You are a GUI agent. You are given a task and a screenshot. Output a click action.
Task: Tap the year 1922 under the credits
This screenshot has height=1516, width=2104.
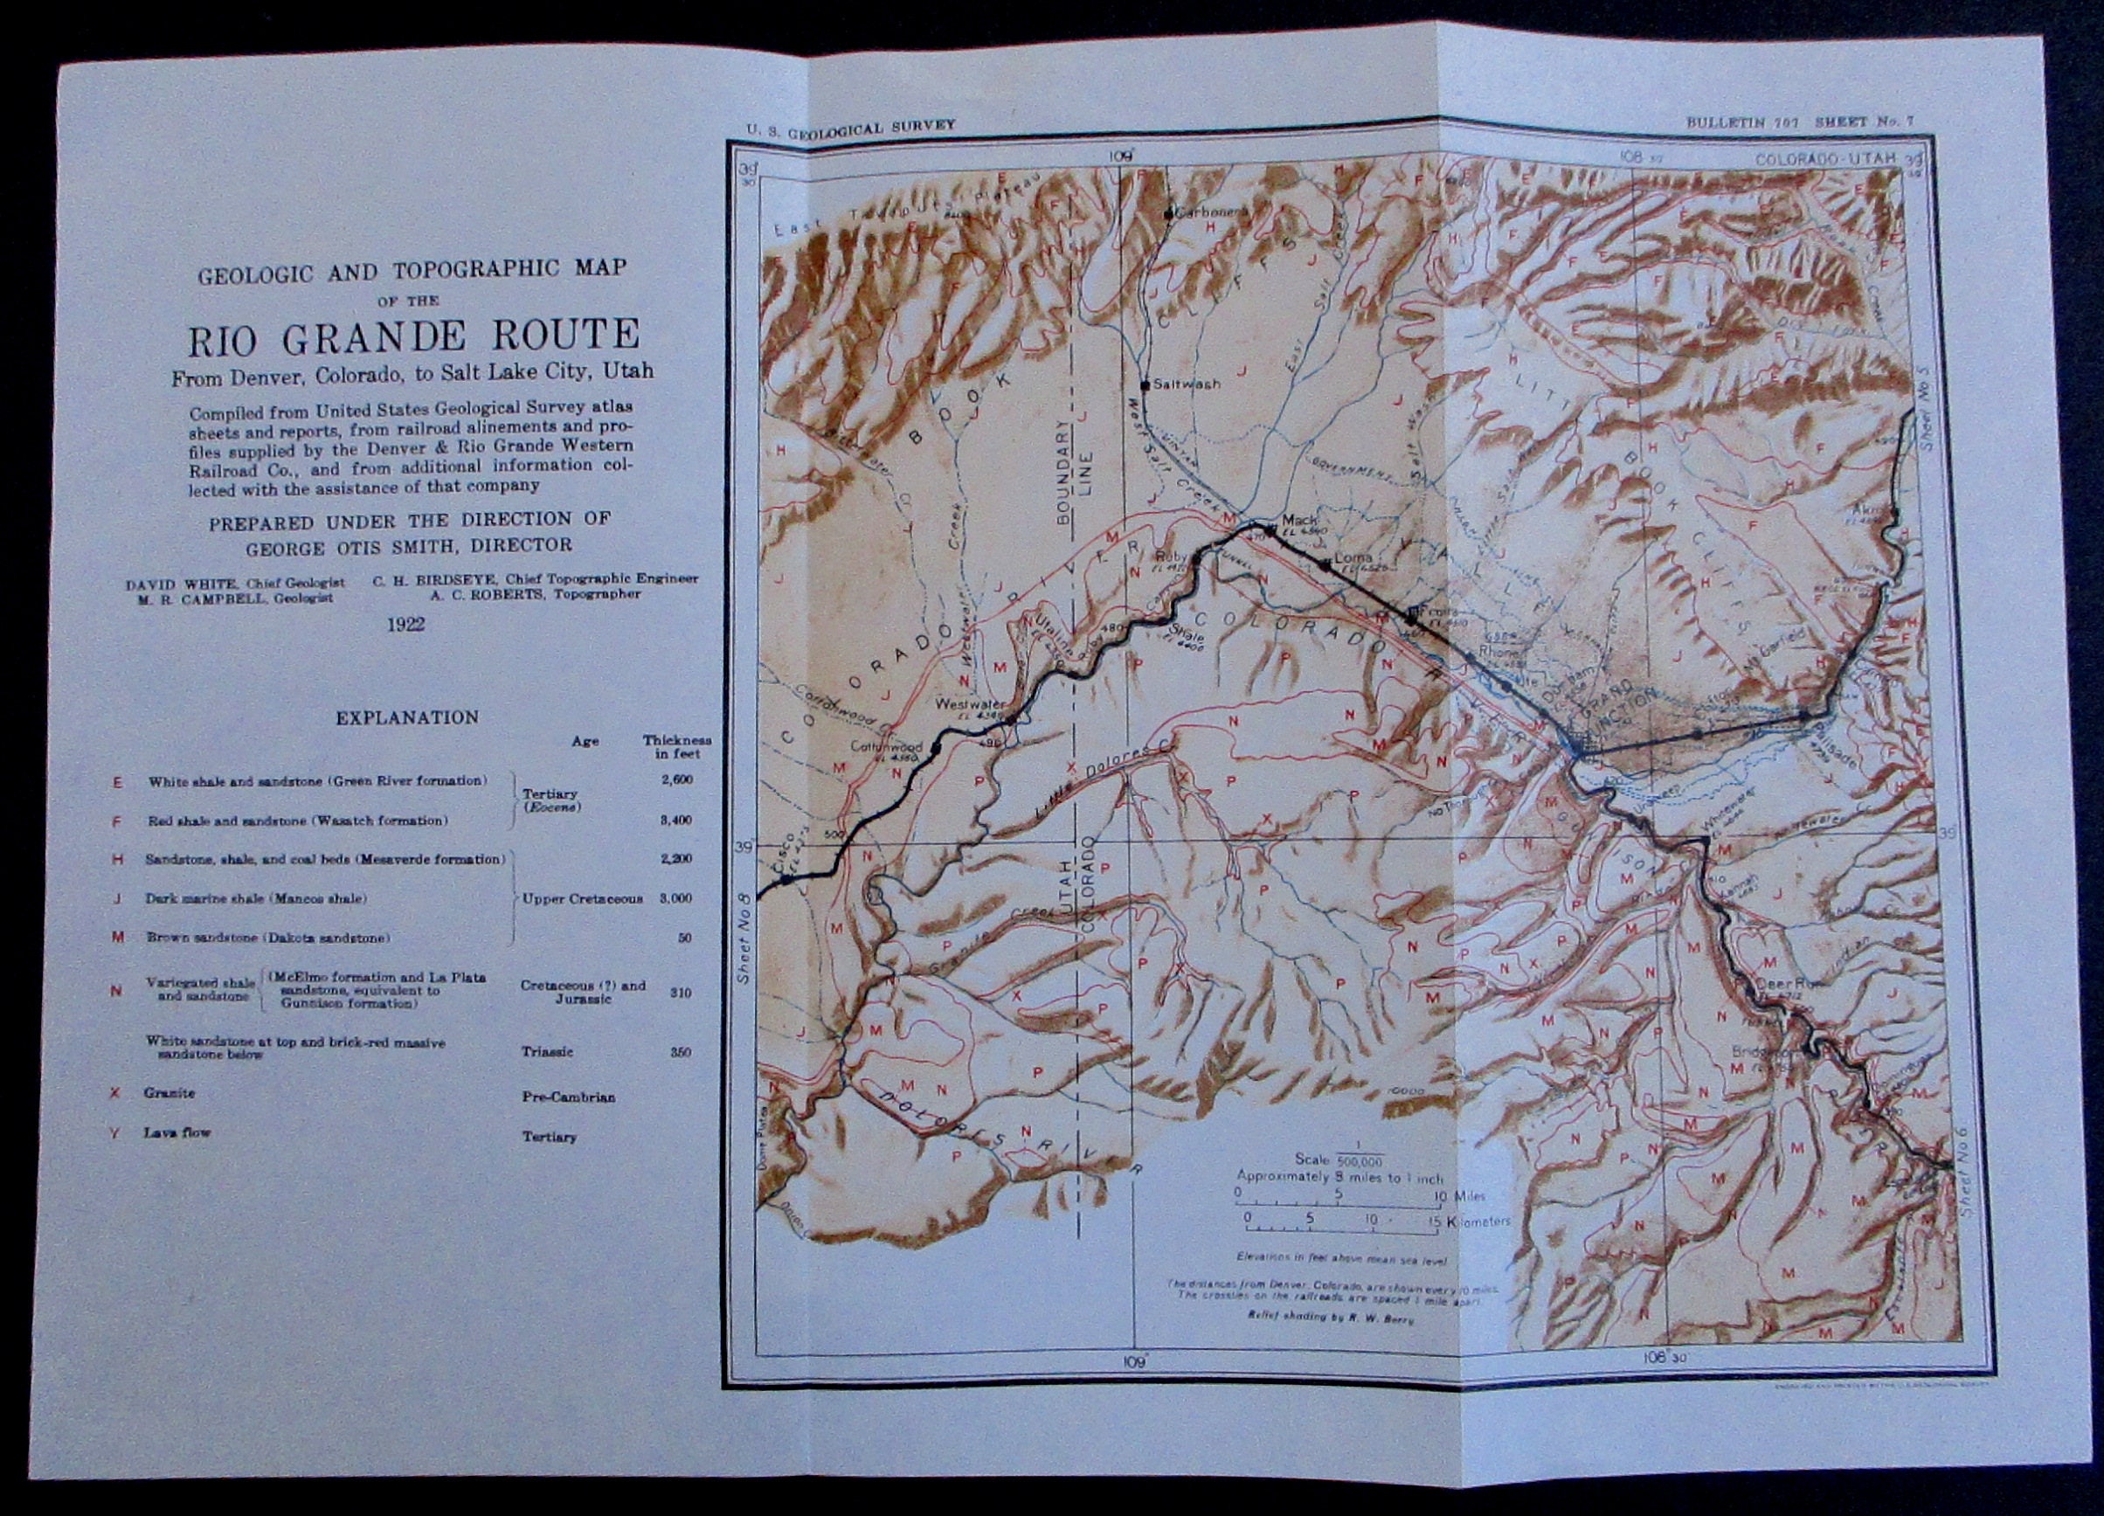point(405,624)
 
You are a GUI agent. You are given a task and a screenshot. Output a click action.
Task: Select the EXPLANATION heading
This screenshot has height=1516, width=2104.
point(407,717)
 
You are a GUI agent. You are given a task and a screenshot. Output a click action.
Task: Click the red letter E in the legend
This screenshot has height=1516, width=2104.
point(117,781)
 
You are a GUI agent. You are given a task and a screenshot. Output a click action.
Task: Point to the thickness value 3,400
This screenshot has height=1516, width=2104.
point(676,820)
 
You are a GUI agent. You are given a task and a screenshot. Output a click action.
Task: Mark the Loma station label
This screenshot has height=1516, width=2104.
point(1346,559)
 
